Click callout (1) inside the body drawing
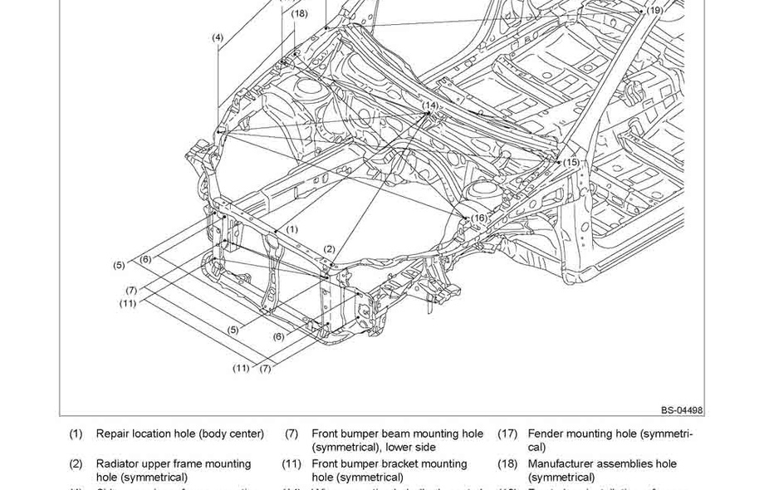292,229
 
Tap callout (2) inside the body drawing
329,249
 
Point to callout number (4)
218,37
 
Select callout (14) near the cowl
430,105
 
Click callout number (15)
571,162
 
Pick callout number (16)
479,218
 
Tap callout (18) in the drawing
299,13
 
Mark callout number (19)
655,11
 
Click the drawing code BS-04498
682,410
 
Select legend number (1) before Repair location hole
76,434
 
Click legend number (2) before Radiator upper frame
76,463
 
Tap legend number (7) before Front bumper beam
291,434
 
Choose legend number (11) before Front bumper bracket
291,463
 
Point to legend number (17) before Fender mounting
507,434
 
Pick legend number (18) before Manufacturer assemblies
507,463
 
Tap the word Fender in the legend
546,434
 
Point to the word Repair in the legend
112,434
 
